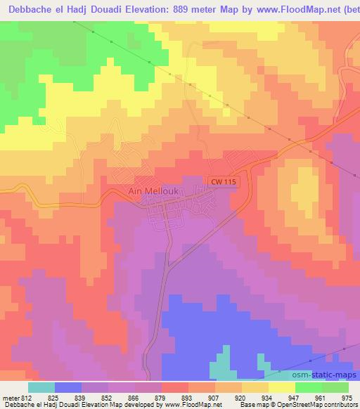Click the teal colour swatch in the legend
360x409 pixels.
pyautogui.click(x=41, y=387)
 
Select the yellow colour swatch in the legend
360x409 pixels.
pyautogui.click(x=282, y=387)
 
